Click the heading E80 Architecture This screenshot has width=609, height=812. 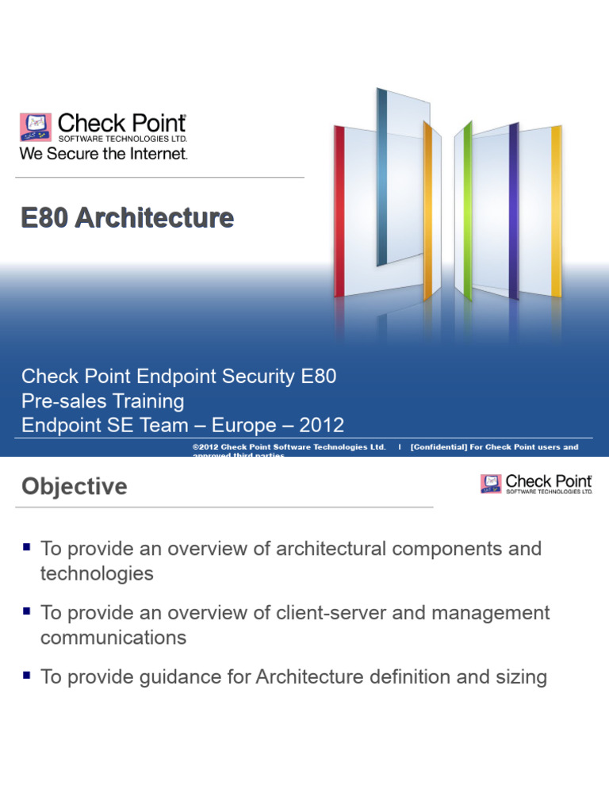[128, 218]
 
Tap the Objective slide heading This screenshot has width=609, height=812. [75, 486]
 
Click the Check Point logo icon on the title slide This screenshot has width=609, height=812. [36, 127]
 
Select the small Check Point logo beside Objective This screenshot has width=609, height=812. [491, 484]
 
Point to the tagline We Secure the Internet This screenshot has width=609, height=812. [103, 154]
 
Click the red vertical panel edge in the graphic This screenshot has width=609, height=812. [339, 210]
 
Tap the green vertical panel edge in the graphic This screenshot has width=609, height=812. [468, 210]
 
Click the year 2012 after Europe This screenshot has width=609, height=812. [322, 425]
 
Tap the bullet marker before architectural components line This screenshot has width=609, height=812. [27, 547]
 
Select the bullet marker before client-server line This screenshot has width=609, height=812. [27, 611]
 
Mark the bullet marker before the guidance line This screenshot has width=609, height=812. [27, 676]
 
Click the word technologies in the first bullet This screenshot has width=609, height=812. [97, 573]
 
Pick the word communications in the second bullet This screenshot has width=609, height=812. [113, 638]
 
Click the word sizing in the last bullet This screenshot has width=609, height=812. [521, 677]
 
